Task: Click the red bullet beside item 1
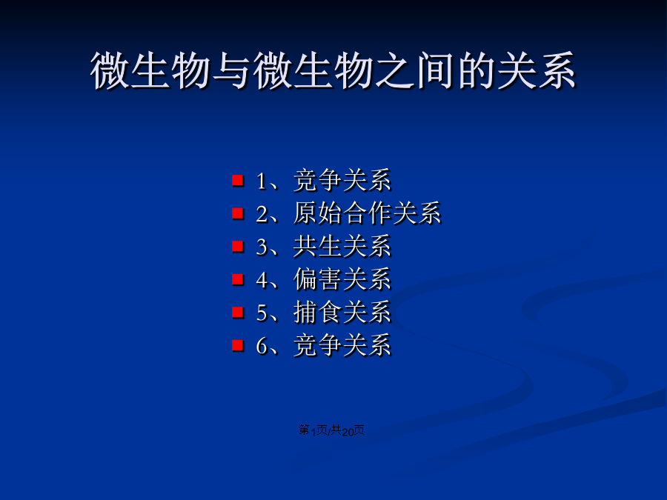click(x=238, y=180)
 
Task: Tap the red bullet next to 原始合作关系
click(x=238, y=213)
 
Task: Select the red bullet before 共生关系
click(x=238, y=246)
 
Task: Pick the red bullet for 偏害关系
click(x=238, y=279)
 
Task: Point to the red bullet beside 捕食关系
click(x=238, y=312)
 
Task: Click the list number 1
click(x=261, y=181)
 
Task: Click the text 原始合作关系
click(x=367, y=213)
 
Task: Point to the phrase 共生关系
click(x=342, y=246)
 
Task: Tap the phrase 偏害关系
click(x=342, y=279)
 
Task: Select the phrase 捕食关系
click(x=342, y=312)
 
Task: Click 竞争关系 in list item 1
click(x=342, y=180)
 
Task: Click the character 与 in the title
click(x=231, y=70)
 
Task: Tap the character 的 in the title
click(x=476, y=70)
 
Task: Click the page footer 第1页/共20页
click(x=331, y=430)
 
